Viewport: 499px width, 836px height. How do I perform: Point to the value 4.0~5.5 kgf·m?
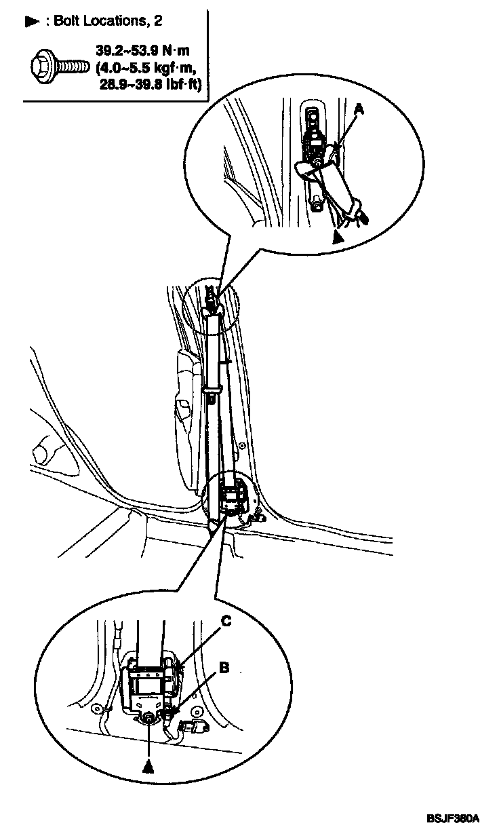pyautogui.click(x=153, y=67)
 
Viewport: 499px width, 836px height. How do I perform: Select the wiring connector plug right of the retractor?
pyautogui.click(x=197, y=729)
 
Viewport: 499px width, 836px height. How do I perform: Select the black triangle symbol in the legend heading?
pyautogui.click(x=31, y=22)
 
